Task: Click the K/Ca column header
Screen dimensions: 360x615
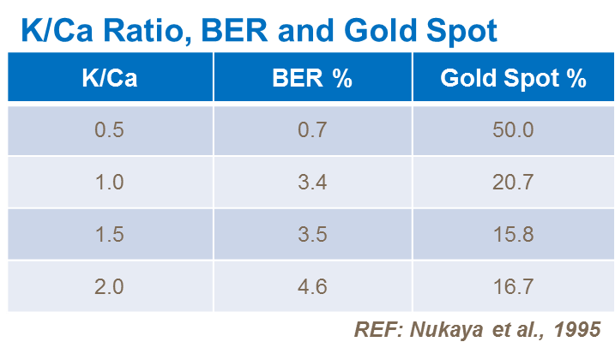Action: pyautogui.click(x=109, y=79)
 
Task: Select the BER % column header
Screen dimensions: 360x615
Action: pyautogui.click(x=312, y=79)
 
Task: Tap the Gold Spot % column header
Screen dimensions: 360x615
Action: pyautogui.click(x=513, y=79)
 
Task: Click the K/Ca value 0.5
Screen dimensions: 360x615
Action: pyautogui.click(x=109, y=130)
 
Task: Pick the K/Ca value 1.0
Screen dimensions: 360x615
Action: pyautogui.click(x=109, y=182)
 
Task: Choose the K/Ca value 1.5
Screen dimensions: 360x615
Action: pyautogui.click(x=109, y=234)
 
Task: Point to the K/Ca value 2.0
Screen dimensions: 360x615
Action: pyautogui.click(x=109, y=286)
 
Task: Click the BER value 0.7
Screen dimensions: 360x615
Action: pyautogui.click(x=312, y=130)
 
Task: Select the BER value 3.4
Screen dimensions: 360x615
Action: pyautogui.click(x=312, y=182)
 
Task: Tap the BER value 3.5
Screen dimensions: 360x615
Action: pyautogui.click(x=312, y=234)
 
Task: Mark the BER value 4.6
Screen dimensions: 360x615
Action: pyautogui.click(x=312, y=286)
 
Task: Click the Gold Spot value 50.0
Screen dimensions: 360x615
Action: pyautogui.click(x=513, y=130)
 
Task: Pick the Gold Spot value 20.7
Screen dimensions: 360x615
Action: pyautogui.click(x=513, y=182)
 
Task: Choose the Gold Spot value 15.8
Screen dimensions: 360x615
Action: pyautogui.click(x=513, y=234)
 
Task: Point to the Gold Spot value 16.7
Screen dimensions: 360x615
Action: pyautogui.click(x=513, y=286)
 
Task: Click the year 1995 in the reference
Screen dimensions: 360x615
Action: pyautogui.click(x=579, y=328)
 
